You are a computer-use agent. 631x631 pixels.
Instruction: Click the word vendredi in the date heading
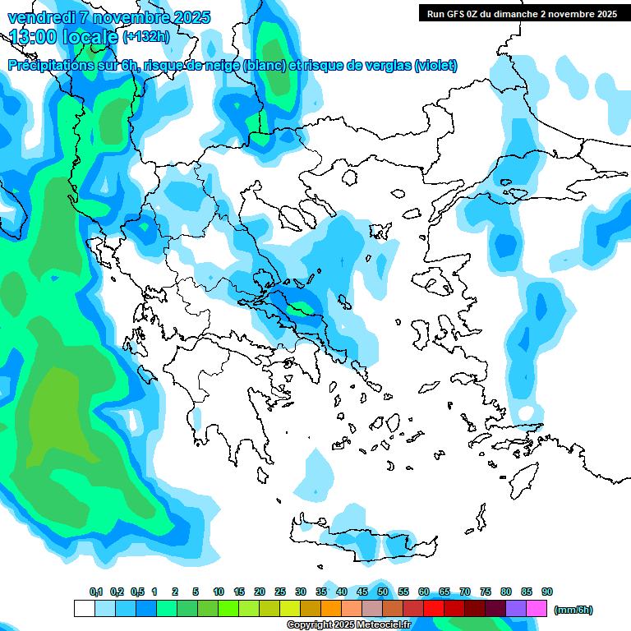click(x=39, y=17)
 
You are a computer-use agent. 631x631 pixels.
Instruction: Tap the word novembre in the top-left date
click(x=131, y=17)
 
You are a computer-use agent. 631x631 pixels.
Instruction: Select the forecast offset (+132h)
click(x=146, y=37)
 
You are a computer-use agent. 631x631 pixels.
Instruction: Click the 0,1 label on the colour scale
click(x=95, y=592)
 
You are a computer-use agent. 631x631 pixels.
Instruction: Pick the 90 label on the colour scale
click(x=547, y=592)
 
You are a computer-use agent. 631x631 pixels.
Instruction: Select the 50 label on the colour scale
click(x=383, y=592)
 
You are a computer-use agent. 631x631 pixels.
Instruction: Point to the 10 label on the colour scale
click(x=219, y=592)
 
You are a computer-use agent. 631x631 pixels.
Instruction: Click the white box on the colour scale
click(x=84, y=609)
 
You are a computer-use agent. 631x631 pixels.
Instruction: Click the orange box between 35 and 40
click(x=331, y=609)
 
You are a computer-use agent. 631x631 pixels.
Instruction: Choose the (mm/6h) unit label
click(x=573, y=610)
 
